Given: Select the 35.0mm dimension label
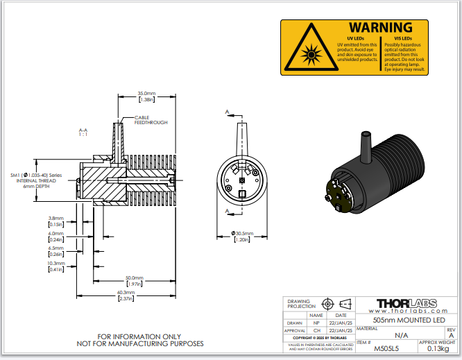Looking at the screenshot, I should tap(146, 93).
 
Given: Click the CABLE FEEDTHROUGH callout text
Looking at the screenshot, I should tap(151, 120).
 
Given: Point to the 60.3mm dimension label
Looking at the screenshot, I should tap(126, 293).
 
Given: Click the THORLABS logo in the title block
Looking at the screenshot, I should tap(406, 303).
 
